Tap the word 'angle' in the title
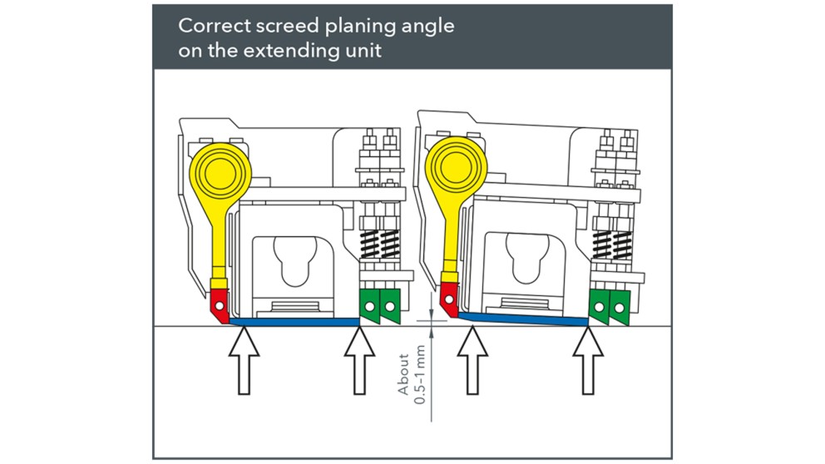[428, 26]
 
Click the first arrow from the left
[243, 360]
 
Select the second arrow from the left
[359, 360]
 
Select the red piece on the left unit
[219, 304]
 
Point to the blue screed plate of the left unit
[294, 321]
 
